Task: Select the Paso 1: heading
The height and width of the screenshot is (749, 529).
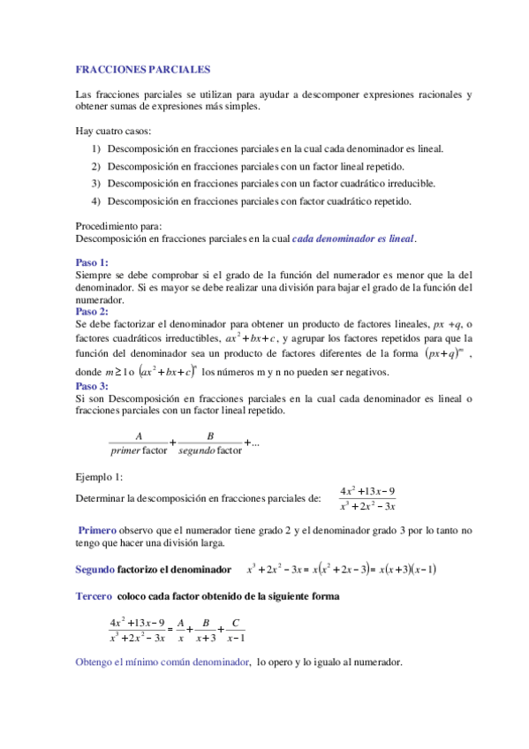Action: (x=93, y=263)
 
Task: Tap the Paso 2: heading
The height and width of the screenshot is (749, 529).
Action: (x=93, y=312)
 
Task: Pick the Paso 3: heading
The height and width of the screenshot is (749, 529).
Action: (x=93, y=386)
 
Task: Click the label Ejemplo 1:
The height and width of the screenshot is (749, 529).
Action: (x=99, y=477)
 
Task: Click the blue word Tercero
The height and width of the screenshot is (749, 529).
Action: (x=94, y=596)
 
